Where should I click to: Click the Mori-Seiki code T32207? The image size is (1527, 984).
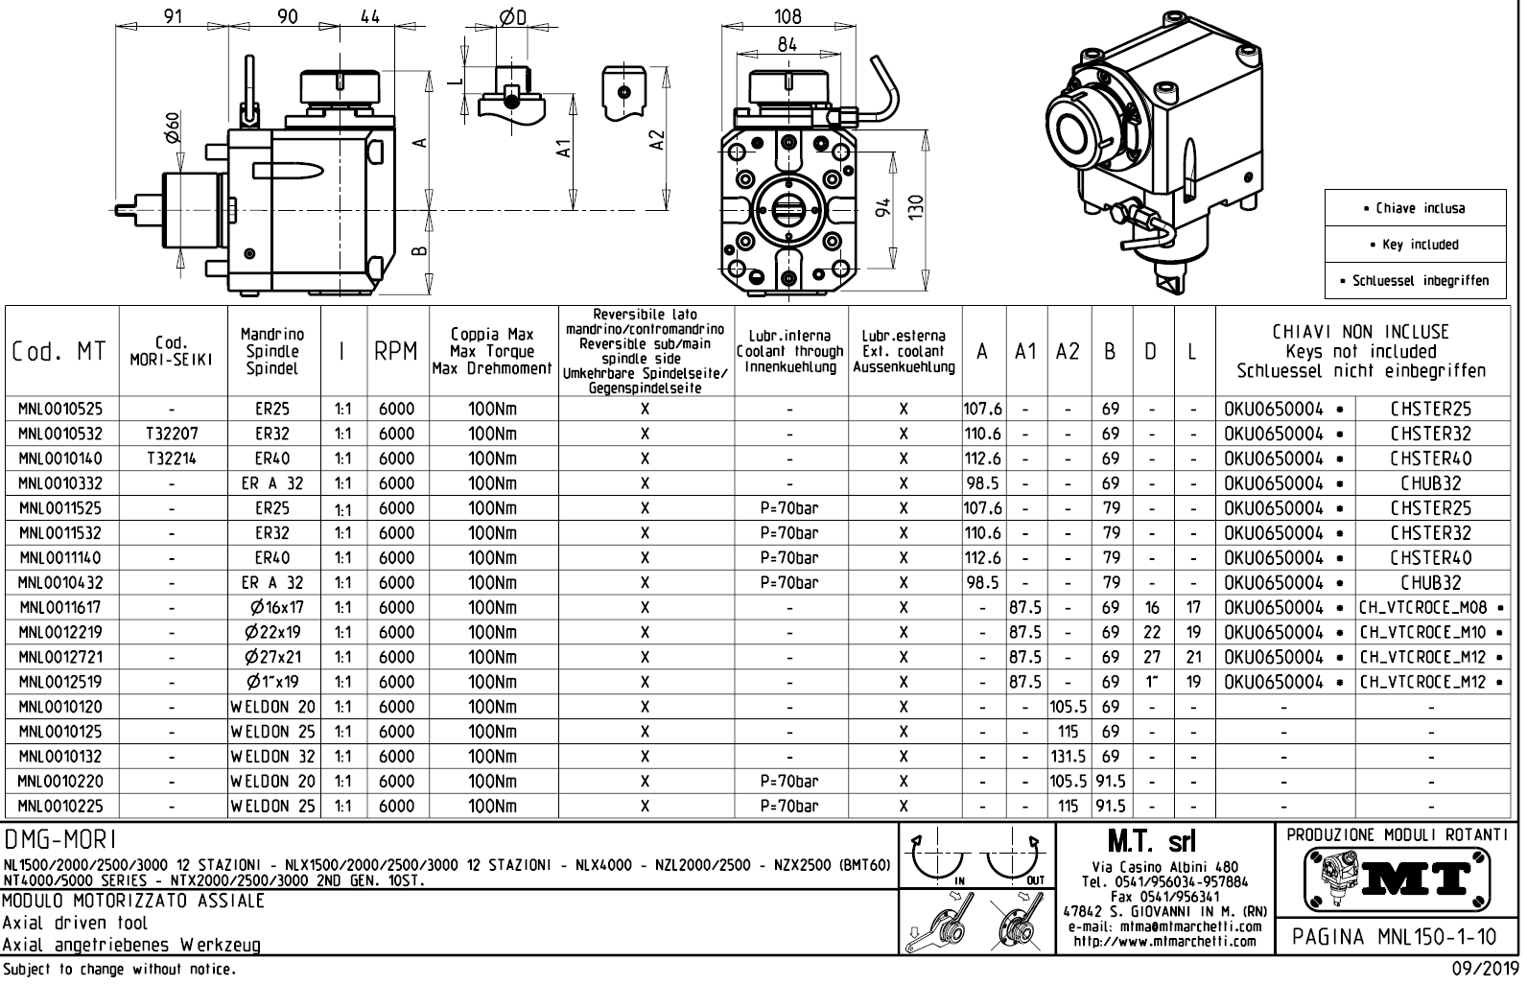[x=172, y=434]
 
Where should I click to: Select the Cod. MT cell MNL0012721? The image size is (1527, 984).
[x=60, y=658]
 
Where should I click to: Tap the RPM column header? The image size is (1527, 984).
[x=395, y=351]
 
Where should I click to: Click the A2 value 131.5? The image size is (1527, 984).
[x=1069, y=757]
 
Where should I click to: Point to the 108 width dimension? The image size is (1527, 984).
[x=787, y=16]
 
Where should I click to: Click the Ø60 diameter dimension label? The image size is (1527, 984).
[x=174, y=128]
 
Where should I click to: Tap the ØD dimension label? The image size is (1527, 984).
[x=512, y=17]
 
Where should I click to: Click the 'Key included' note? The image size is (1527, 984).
[x=1415, y=245]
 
